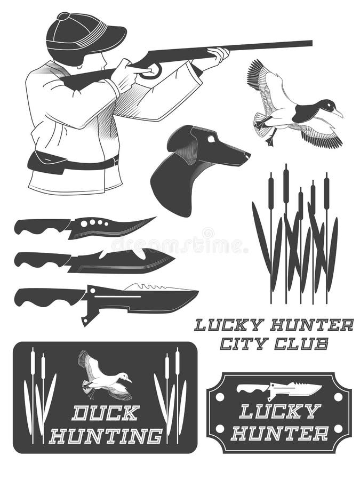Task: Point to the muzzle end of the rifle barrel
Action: tap(310, 43)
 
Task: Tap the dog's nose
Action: tap(247, 155)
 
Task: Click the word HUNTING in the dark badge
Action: tap(105, 436)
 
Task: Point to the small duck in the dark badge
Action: tap(104, 375)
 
